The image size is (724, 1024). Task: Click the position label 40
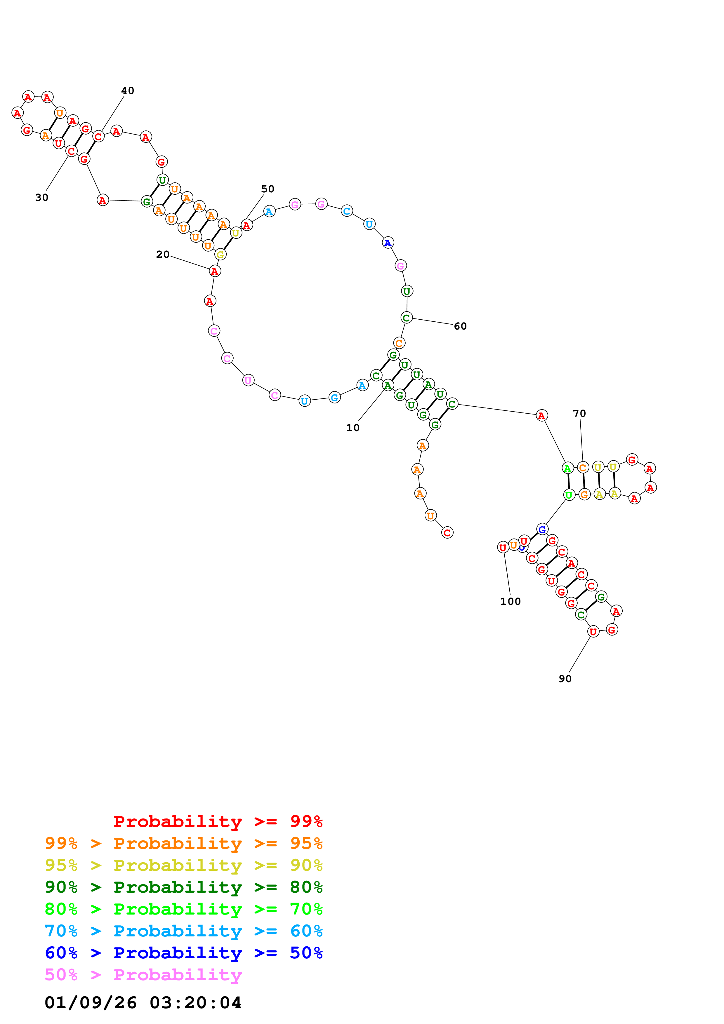coord(128,90)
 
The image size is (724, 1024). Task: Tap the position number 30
coord(41,198)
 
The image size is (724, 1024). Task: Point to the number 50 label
coord(268,189)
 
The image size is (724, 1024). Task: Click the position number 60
coord(460,326)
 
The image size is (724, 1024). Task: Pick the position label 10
coord(353,428)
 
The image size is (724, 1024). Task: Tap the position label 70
coord(579,413)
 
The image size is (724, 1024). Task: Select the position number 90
coord(565,679)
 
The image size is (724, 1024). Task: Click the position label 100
coord(510,602)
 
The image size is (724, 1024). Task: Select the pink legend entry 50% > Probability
coord(143,975)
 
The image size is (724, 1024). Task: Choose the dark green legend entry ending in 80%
coord(184,887)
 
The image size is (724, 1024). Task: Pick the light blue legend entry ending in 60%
coord(184,931)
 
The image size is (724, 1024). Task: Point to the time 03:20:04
coord(195,1003)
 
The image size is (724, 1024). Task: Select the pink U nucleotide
coord(248,380)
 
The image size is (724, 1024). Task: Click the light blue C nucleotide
coord(347,211)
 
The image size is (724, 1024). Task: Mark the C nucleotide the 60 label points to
coord(406,318)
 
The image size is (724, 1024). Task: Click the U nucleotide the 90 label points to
coord(593,631)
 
